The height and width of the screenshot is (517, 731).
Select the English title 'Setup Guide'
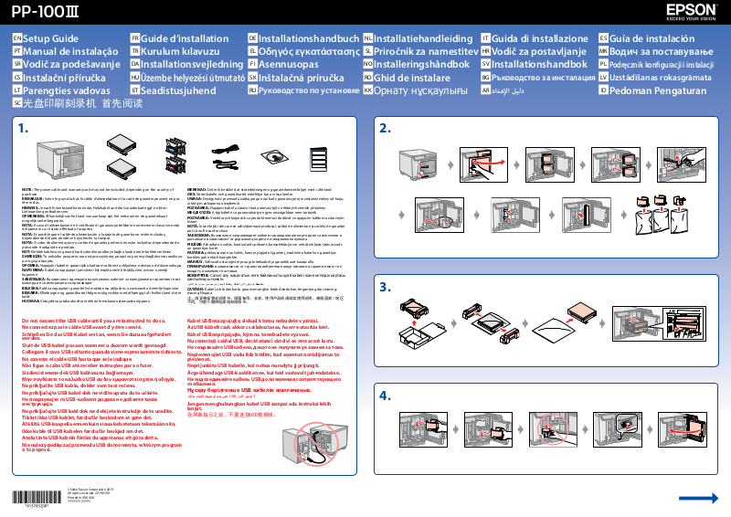coord(50,39)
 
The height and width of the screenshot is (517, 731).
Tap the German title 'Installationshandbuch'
coord(309,39)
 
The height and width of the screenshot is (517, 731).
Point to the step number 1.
coord(24,127)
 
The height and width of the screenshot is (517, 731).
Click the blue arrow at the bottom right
coord(698,497)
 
